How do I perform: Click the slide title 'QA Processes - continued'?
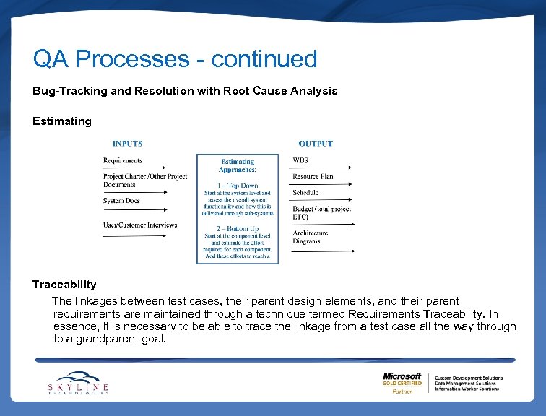click(175, 59)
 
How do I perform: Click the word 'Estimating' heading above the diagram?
click(62, 121)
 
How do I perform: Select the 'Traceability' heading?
click(64, 285)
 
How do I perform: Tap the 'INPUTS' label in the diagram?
click(127, 144)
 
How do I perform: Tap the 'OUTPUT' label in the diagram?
click(316, 144)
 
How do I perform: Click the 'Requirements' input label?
click(123, 160)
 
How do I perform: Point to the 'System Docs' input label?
click(121, 201)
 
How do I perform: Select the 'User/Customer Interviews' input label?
click(140, 225)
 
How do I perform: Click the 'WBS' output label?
click(300, 160)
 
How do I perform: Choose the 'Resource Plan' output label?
click(313, 177)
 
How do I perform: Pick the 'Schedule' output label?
click(305, 193)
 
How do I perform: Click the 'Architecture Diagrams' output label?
click(311, 237)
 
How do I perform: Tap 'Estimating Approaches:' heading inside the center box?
click(238, 165)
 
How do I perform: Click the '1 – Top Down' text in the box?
click(238, 186)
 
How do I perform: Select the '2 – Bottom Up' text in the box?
click(238, 229)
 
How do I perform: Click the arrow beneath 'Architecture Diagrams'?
click(323, 251)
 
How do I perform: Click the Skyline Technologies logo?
click(78, 383)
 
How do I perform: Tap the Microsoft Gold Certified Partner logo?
click(402, 383)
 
